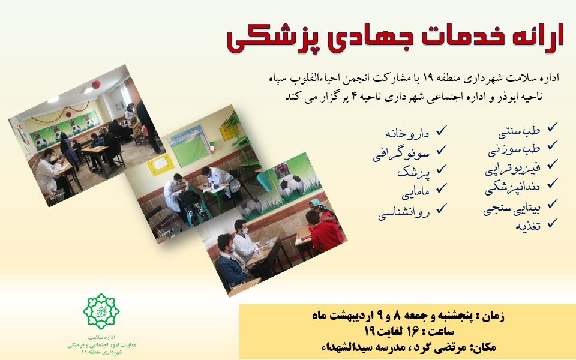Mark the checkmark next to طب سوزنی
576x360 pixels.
(553, 146)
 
